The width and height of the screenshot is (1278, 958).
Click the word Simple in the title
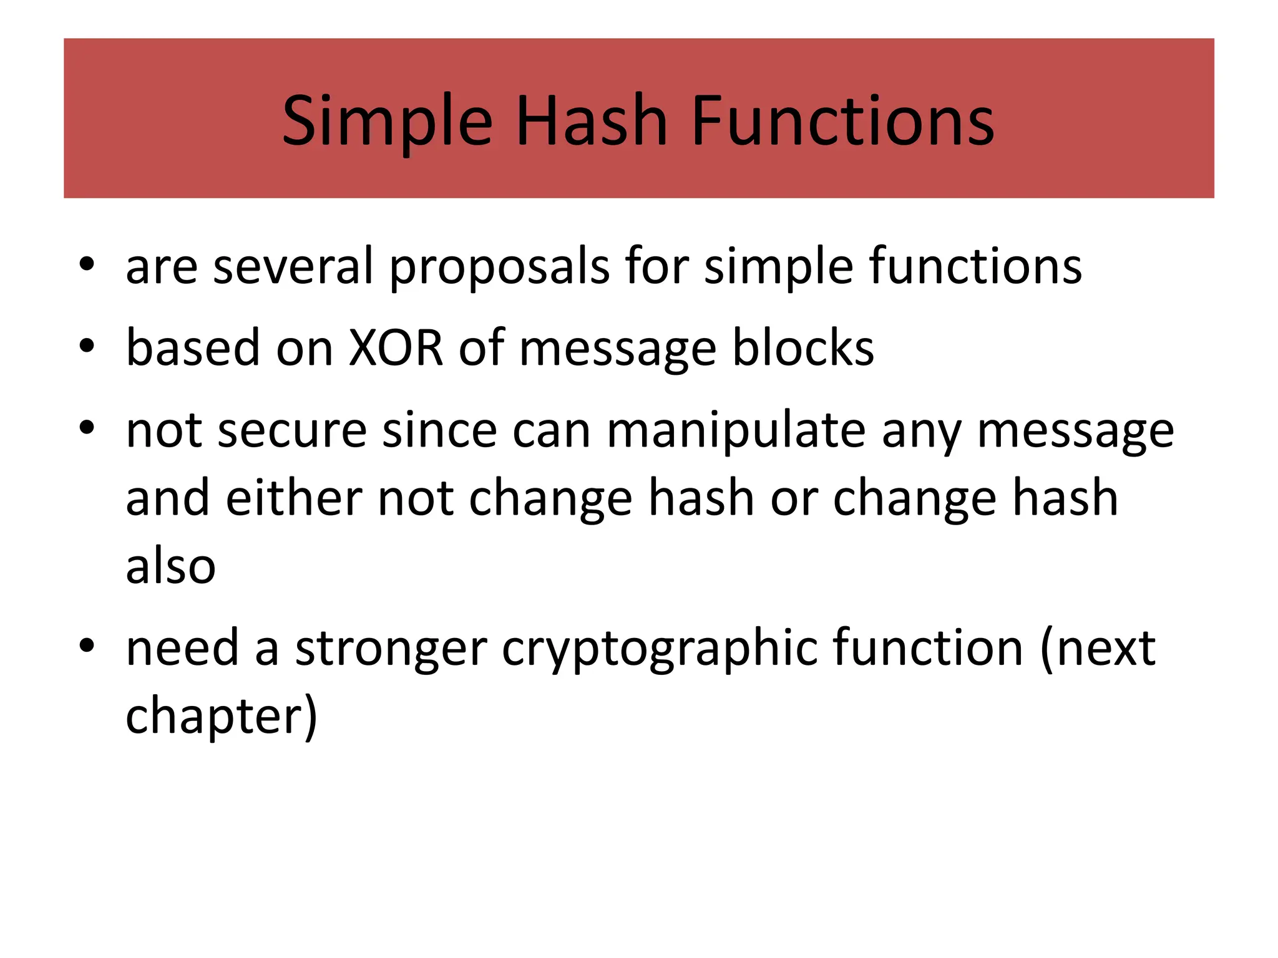point(387,122)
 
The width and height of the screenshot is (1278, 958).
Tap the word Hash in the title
point(592,122)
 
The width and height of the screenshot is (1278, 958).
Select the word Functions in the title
point(842,122)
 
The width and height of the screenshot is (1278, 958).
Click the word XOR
point(396,347)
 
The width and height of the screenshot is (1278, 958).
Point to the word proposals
point(499,267)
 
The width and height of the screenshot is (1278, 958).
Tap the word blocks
point(803,347)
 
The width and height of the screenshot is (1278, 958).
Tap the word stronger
point(391,649)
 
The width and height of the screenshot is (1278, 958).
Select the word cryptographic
point(660,649)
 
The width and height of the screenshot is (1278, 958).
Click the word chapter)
point(222,716)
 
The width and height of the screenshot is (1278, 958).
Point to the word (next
point(1098,649)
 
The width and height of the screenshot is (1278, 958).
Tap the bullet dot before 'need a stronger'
point(87,646)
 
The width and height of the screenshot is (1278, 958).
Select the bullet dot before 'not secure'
point(87,428)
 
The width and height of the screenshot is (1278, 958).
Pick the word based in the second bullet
point(193,347)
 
